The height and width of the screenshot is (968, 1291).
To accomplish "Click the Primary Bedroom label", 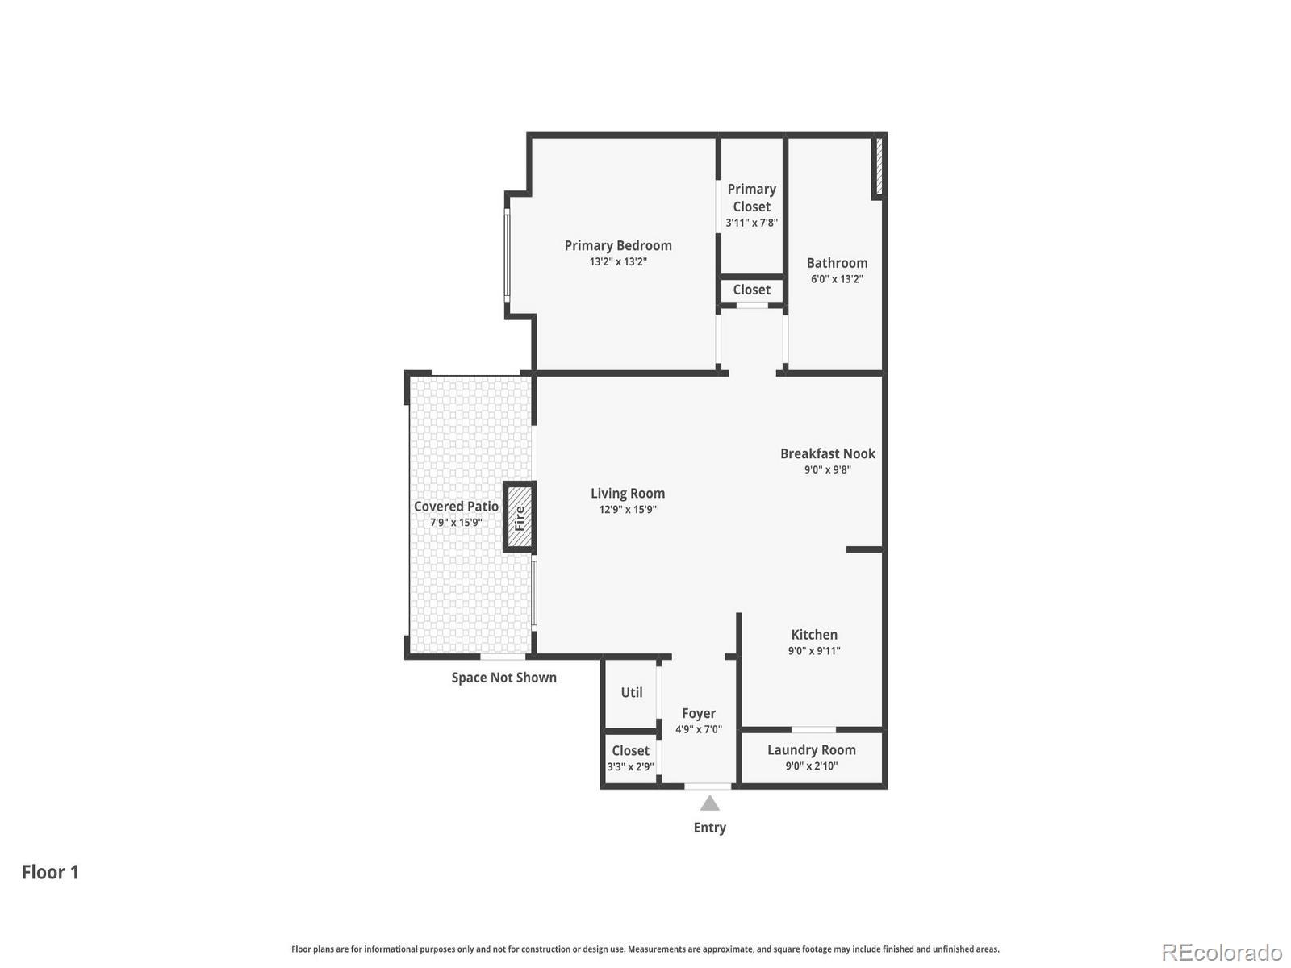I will click(618, 245).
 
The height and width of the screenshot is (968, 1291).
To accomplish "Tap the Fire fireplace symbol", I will click(520, 517).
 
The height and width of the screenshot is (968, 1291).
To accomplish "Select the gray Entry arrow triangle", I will click(709, 803).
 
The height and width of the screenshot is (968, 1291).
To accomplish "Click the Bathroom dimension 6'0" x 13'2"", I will click(837, 279).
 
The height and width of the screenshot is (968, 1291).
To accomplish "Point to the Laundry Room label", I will click(811, 749).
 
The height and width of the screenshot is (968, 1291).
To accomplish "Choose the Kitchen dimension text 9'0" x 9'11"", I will click(814, 651).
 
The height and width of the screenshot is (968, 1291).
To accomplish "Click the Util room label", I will click(632, 692).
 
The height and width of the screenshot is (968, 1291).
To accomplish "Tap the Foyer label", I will click(699, 713).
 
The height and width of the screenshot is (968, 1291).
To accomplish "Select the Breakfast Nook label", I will click(827, 453).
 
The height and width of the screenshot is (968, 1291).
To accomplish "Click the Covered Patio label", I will click(456, 506).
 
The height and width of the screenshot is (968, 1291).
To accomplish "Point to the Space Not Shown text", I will click(503, 678).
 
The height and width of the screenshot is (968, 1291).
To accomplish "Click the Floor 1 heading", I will click(50, 872).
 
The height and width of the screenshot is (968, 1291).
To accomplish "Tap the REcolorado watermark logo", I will click(1221, 953).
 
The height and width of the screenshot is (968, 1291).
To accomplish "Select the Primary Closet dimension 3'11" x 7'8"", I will click(751, 223).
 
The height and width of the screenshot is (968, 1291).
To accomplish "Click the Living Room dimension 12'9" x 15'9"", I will click(627, 510).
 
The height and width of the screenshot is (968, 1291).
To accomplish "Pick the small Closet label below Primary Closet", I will click(751, 290).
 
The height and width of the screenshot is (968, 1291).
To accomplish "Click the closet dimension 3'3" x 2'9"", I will click(630, 767).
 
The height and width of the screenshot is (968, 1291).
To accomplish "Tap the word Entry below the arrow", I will click(709, 828).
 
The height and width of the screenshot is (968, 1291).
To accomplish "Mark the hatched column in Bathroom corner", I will click(879, 165).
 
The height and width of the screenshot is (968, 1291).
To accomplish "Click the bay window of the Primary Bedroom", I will click(508, 253).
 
